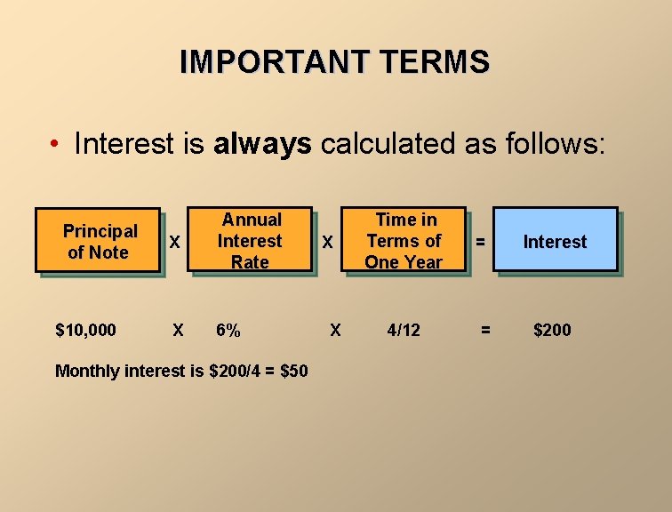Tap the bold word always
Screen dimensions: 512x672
(262, 143)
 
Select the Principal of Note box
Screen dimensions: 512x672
(100, 241)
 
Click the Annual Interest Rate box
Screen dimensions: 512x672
(251, 240)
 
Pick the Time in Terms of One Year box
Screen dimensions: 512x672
(404, 240)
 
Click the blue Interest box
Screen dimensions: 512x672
(555, 241)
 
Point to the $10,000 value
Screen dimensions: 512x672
(85, 331)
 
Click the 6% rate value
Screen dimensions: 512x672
(228, 331)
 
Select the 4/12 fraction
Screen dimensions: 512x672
(404, 331)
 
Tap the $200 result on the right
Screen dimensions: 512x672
(552, 331)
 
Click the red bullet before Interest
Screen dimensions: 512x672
(55, 144)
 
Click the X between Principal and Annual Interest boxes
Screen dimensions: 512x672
(176, 242)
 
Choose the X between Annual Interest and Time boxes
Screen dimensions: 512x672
(328, 242)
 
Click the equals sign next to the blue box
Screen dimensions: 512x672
(480, 241)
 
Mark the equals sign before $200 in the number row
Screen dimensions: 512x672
(485, 331)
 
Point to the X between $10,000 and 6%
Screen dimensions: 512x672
(178, 331)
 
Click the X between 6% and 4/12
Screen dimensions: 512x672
(335, 331)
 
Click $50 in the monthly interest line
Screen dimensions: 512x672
(293, 371)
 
